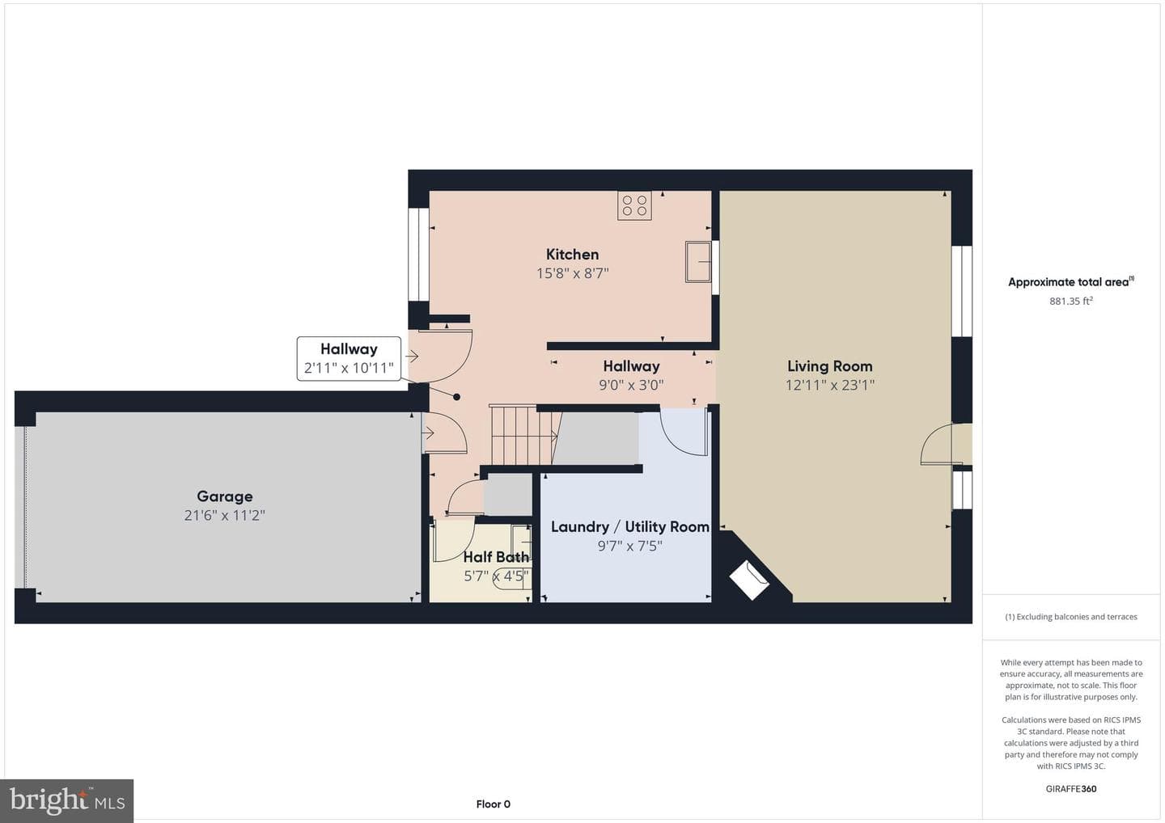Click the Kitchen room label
coord(572,255)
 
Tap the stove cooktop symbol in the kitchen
coord(634,205)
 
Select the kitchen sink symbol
coord(698,262)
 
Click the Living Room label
coord(829,366)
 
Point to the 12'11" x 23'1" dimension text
coord(829,385)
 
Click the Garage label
coord(225,496)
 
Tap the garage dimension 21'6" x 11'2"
coord(225,516)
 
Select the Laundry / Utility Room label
coord(629,527)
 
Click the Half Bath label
coord(496,557)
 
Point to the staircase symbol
coord(524,436)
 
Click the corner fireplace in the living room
coord(748,580)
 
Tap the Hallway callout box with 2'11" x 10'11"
coord(349,358)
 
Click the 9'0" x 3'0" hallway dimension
coord(631,385)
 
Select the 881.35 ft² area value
coord(1071,301)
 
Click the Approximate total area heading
coord(1071,281)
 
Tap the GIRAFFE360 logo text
coord(1071,789)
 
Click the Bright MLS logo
coord(66,800)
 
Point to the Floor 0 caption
coord(493,804)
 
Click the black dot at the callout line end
coord(456,397)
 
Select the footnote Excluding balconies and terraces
coord(1071,617)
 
